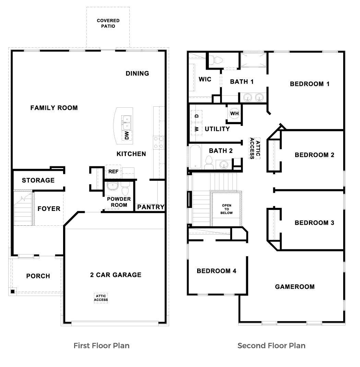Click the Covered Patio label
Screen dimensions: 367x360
click(x=108, y=23)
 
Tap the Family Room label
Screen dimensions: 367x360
click(x=54, y=108)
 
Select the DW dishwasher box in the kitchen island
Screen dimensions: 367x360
click(x=127, y=135)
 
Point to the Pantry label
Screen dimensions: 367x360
click(x=151, y=207)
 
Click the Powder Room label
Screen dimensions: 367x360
click(x=119, y=202)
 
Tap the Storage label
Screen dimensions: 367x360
click(x=38, y=180)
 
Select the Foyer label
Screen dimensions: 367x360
click(x=49, y=209)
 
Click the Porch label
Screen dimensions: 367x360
click(x=38, y=276)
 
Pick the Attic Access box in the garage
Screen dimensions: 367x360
click(x=101, y=298)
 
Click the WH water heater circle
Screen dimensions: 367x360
click(x=234, y=113)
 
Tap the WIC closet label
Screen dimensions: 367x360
click(x=205, y=79)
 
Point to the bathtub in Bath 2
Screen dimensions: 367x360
click(x=196, y=157)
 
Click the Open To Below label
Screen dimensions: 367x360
click(x=227, y=209)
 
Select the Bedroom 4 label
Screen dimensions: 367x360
click(x=216, y=271)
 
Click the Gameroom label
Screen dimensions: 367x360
click(x=295, y=286)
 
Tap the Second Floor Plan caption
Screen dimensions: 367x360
click(x=271, y=345)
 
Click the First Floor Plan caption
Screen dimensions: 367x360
click(x=101, y=345)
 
